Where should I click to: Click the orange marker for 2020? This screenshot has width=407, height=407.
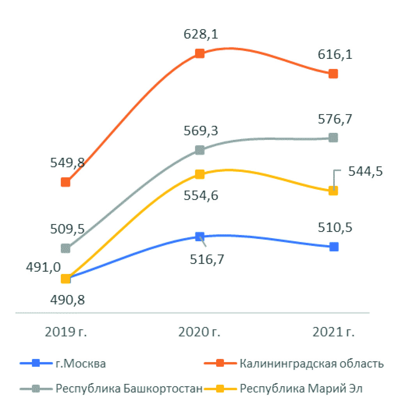199,53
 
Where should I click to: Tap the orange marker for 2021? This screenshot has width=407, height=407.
333,74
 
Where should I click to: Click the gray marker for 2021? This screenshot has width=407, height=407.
333,138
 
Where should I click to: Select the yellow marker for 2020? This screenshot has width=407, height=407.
199,174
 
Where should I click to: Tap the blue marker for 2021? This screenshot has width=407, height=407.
334,247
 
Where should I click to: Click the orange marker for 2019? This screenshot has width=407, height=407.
66,182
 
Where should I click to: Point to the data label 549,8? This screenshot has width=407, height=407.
68,163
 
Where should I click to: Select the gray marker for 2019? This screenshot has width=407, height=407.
66,248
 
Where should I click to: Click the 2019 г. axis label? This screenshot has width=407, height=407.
66,332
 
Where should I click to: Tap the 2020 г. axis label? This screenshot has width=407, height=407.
199,332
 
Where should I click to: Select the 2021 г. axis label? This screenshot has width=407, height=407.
334,332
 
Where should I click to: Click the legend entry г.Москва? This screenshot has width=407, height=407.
80,364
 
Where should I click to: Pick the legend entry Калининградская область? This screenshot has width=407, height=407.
312,364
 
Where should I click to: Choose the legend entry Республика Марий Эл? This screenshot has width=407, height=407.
301,389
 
